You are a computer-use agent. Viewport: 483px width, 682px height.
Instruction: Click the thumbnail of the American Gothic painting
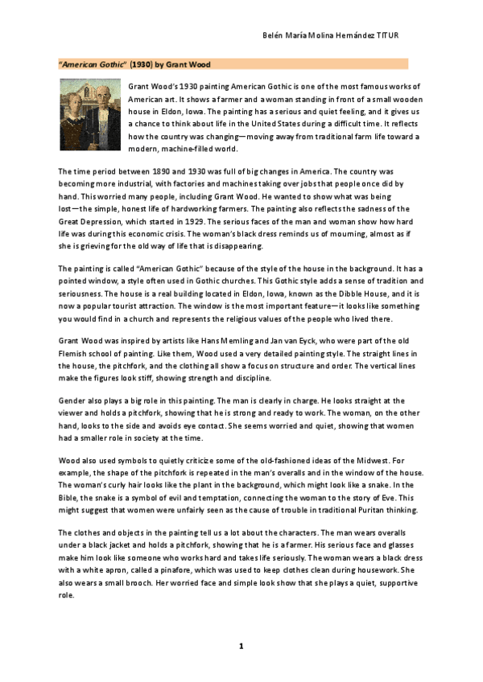pos(91,115)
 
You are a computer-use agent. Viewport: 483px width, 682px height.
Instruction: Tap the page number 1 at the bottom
pos(240,647)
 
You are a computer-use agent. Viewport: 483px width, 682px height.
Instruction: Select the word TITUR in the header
pos(388,37)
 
